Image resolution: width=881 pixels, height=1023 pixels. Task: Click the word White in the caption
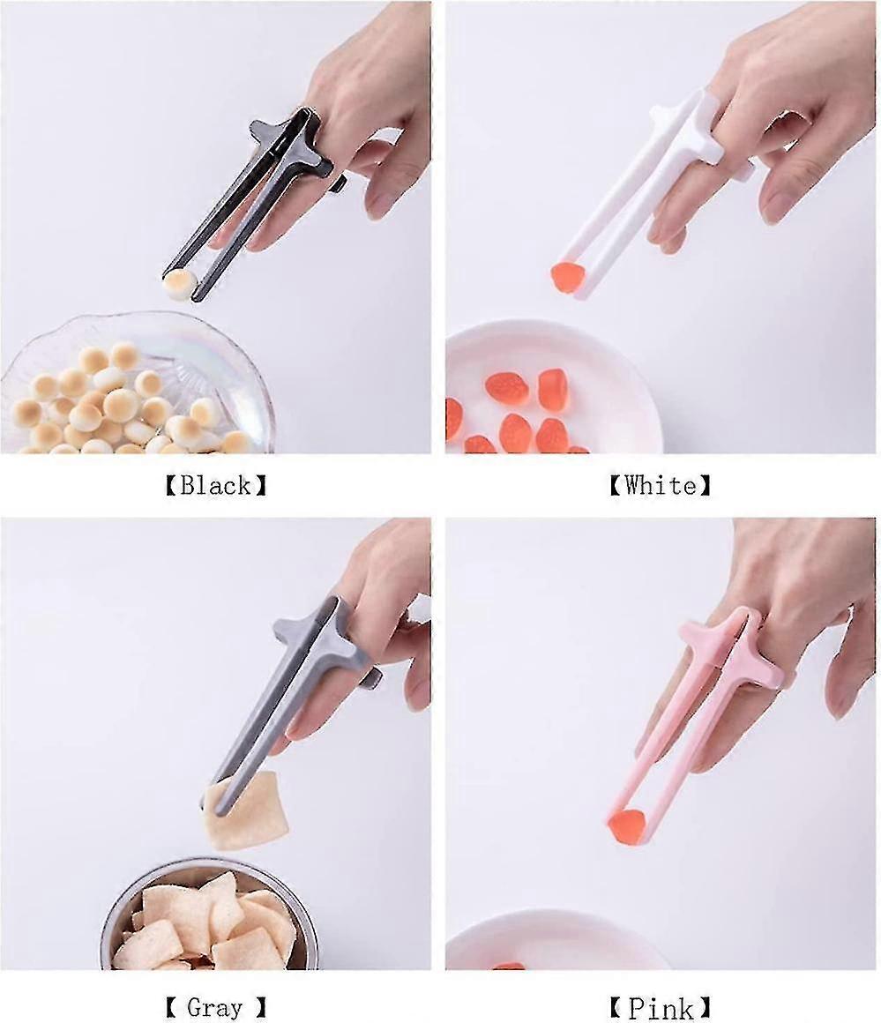pyautogui.click(x=660, y=484)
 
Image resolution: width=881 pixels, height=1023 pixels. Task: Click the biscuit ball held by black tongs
pyautogui.click(x=179, y=284)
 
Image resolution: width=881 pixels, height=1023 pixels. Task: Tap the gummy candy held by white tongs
pyautogui.click(x=566, y=278)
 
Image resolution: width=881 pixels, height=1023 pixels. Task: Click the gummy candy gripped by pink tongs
pyautogui.click(x=625, y=826)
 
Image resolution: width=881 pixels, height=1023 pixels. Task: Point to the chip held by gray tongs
pyautogui.click(x=248, y=811)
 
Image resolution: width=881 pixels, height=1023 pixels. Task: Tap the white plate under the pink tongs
pyautogui.click(x=556, y=944)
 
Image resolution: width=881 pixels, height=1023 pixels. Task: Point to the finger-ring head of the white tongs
pyautogui.click(x=697, y=132)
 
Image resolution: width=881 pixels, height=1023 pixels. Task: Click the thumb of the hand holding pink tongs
pyautogui.click(x=847, y=670)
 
